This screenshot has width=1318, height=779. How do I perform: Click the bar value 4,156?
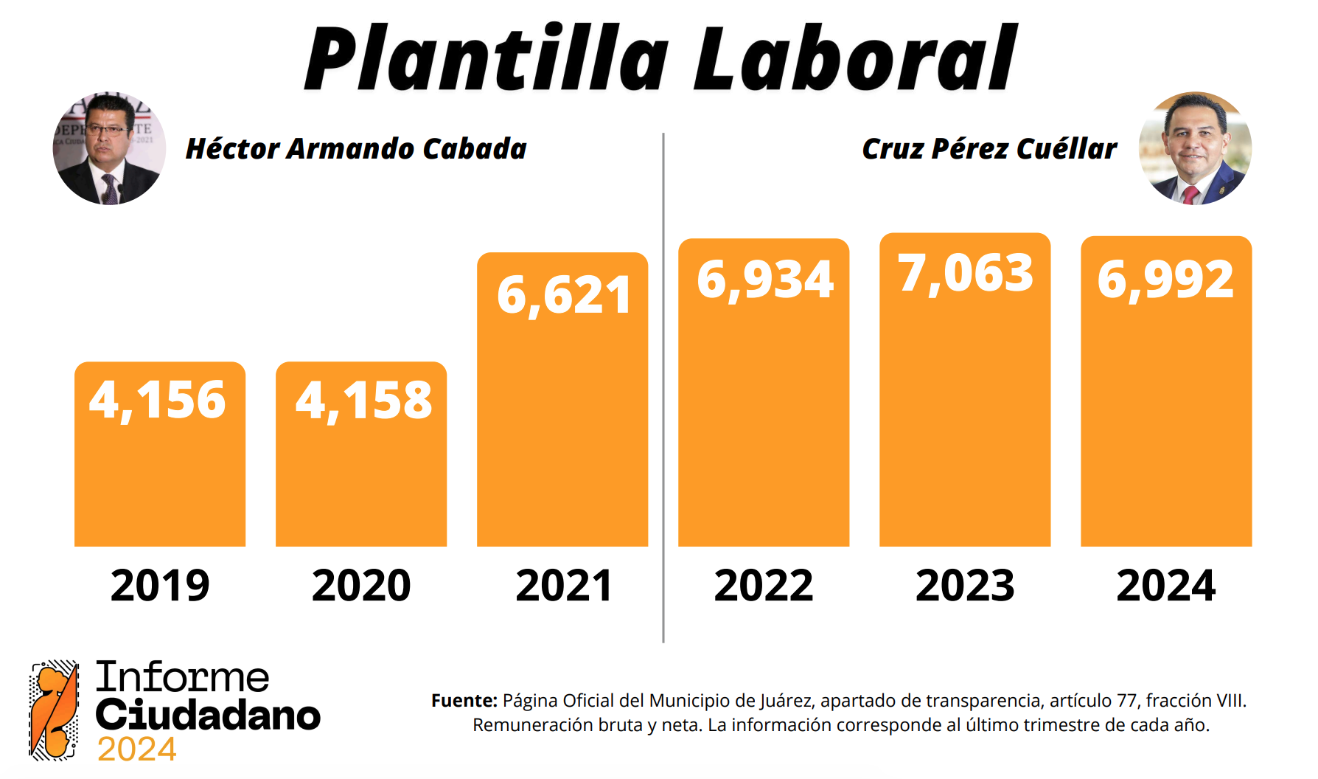(x=158, y=401)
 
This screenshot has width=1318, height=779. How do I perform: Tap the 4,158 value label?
(x=363, y=401)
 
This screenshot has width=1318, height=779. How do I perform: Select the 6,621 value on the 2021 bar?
(x=564, y=295)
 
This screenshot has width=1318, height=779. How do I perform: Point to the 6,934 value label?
(x=765, y=280)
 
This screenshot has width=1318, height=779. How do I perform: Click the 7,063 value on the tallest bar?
(x=966, y=274)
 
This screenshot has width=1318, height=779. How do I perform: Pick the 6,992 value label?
(x=1165, y=280)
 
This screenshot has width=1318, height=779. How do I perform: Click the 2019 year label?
(x=160, y=586)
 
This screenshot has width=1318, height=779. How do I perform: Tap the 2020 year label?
(x=361, y=586)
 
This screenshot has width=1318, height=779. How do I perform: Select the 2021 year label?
(x=564, y=586)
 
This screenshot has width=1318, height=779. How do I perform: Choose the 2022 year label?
(x=764, y=586)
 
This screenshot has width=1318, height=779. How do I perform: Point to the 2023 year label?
(x=965, y=586)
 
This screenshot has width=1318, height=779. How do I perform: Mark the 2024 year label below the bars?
(x=1165, y=586)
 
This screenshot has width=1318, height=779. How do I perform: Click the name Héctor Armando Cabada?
(x=356, y=149)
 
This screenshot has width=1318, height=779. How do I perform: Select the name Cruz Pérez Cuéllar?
(x=989, y=149)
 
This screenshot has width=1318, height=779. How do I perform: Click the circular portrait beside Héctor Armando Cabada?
(x=109, y=148)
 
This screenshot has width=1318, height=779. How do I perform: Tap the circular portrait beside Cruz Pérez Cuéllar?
(x=1195, y=148)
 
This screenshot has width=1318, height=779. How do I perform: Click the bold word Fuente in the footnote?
(x=464, y=701)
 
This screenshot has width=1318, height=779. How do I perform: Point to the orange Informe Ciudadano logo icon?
(x=54, y=710)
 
